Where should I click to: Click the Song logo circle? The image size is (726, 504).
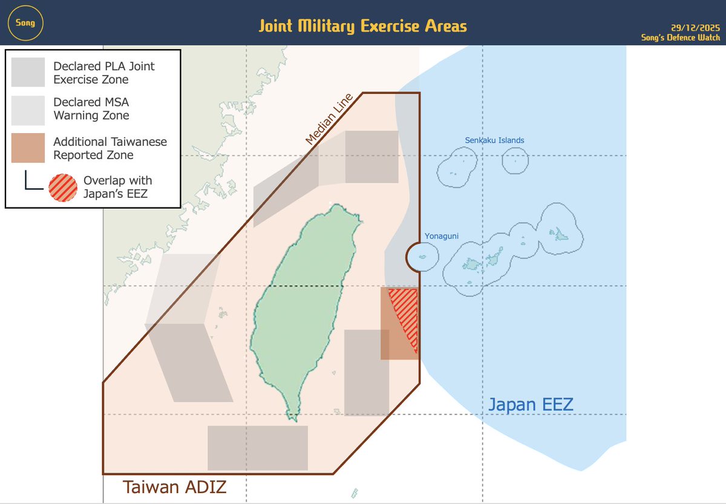(x=25, y=23)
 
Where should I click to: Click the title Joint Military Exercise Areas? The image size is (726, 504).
(x=362, y=26)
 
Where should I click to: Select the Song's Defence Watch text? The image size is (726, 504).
(x=681, y=38)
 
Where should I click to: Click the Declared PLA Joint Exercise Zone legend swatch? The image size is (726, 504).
(x=28, y=72)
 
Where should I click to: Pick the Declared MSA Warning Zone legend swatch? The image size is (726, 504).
(x=28, y=110)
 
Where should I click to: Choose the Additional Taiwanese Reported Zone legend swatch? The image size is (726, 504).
(x=28, y=148)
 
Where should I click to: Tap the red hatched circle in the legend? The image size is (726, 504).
(x=63, y=187)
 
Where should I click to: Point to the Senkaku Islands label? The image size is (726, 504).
(x=494, y=140)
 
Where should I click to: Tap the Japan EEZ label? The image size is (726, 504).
(x=530, y=404)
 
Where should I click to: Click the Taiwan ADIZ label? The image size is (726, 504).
(x=175, y=486)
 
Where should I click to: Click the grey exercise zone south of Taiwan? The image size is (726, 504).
(x=258, y=448)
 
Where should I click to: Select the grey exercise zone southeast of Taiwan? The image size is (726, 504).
(x=366, y=372)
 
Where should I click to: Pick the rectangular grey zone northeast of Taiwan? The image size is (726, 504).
(x=371, y=157)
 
